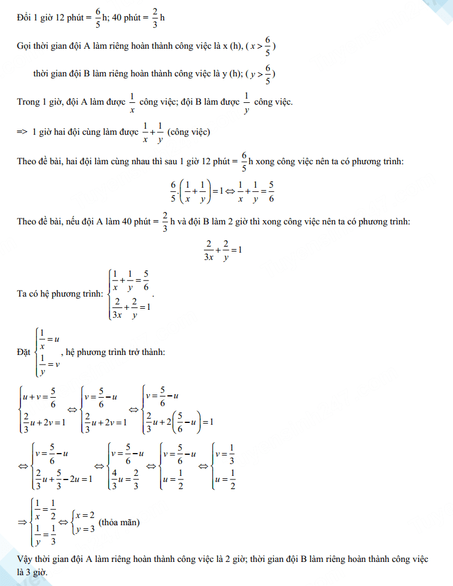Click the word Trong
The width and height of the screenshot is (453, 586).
pyautogui.click(x=28, y=102)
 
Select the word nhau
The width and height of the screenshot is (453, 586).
pyautogui.click(x=134, y=161)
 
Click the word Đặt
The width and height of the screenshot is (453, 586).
pyautogui.click(x=24, y=353)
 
